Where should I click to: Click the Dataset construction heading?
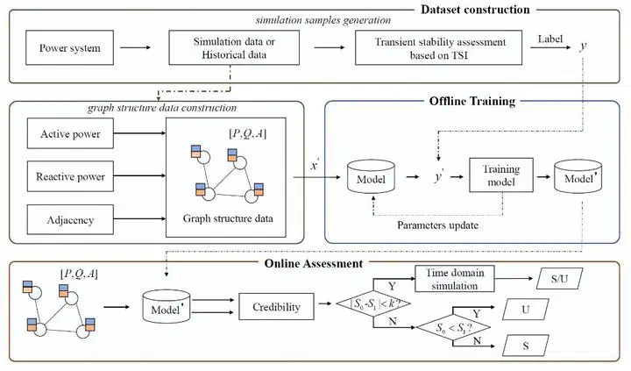[x=508, y=10]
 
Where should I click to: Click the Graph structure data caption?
[x=224, y=218]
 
